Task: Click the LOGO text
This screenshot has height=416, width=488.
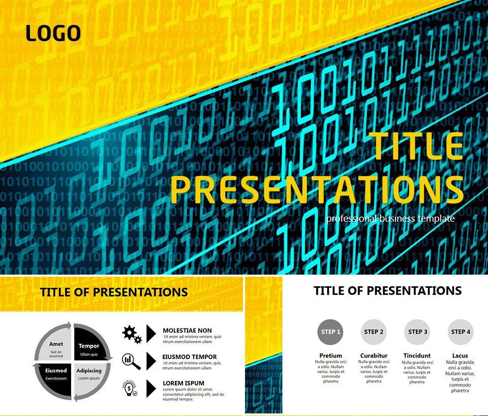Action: (x=53, y=34)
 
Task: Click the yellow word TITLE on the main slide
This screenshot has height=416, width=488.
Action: (x=417, y=146)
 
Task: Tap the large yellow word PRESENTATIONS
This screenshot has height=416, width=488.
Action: (x=317, y=189)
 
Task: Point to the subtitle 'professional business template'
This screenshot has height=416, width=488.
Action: (x=390, y=219)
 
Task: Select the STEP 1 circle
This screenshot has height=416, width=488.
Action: (x=329, y=332)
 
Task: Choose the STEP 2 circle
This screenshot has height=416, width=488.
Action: (x=374, y=332)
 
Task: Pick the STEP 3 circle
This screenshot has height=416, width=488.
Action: (x=417, y=332)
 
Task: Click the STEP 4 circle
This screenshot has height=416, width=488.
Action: (x=461, y=332)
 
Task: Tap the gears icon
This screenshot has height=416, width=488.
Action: (x=131, y=334)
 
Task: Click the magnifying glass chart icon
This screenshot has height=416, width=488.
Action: (x=131, y=361)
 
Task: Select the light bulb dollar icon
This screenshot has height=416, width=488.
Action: (x=131, y=389)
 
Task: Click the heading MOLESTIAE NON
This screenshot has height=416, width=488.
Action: (x=187, y=331)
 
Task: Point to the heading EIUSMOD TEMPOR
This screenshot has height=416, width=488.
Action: (x=190, y=357)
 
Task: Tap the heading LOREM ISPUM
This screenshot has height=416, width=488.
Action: (x=184, y=383)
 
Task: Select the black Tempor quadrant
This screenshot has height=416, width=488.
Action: (x=90, y=347)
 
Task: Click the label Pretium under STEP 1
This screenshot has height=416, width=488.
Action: (x=330, y=355)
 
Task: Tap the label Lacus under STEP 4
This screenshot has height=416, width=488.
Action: (x=460, y=355)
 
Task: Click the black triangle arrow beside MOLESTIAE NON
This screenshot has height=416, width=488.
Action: (x=151, y=334)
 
